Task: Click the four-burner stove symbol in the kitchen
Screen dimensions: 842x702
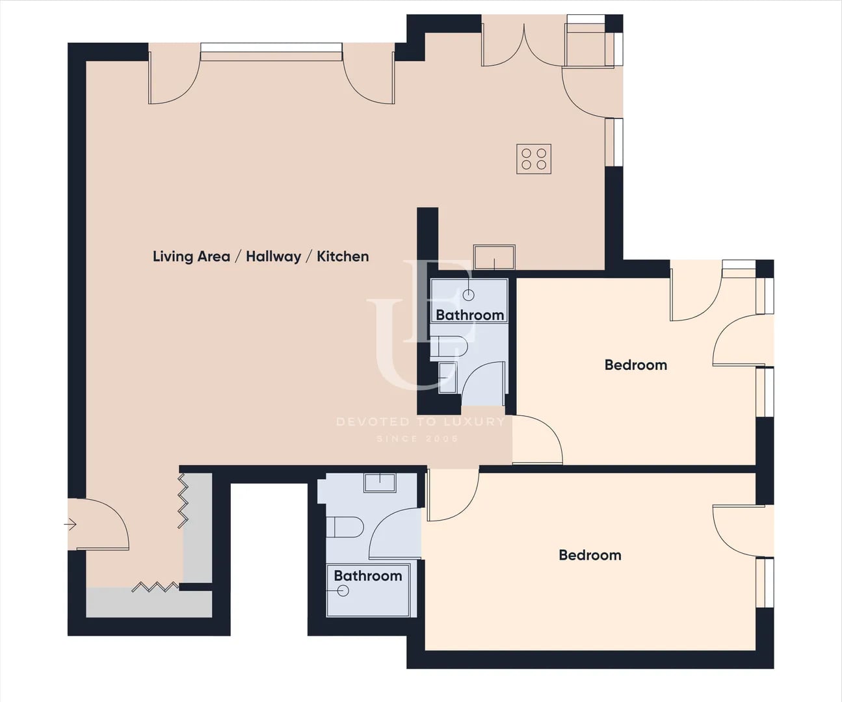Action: (534, 159)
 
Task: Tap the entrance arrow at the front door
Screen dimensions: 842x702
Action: (70, 525)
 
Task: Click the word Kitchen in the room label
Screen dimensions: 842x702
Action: (343, 257)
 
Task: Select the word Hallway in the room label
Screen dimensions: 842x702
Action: (274, 257)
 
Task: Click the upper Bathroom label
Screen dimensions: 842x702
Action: (470, 315)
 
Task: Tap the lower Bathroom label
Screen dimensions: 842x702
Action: (368, 576)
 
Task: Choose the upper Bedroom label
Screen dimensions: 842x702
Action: (635, 365)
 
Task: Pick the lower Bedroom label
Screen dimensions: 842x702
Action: (590, 555)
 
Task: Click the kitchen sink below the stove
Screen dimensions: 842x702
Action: (494, 257)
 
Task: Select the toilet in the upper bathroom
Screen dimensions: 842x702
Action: (449, 346)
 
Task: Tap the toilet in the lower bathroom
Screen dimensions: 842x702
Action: (345, 527)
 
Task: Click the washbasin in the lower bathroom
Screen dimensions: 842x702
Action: (380, 483)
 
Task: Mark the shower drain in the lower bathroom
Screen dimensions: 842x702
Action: (343, 591)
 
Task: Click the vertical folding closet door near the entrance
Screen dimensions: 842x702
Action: (183, 500)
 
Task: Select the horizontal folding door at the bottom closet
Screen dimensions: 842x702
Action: (155, 587)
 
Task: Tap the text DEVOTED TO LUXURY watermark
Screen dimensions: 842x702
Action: (420, 422)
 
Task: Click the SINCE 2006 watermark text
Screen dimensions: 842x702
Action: (417, 438)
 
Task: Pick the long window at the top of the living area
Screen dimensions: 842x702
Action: (271, 52)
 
